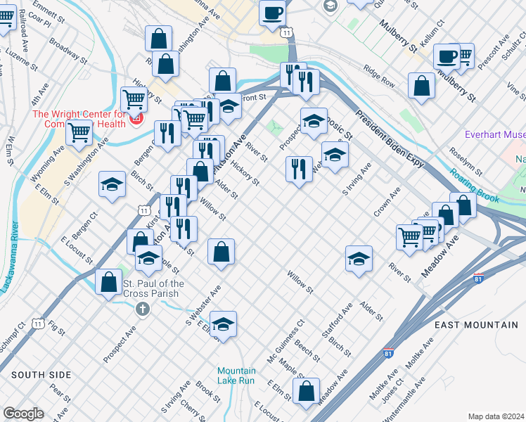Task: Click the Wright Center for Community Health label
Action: click(79, 119)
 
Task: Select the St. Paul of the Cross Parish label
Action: click(153, 288)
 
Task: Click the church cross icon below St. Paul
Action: click(143, 308)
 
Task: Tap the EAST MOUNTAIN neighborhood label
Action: click(475, 324)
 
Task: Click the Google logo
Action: click(23, 414)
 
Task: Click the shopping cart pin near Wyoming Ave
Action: click(79, 131)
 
